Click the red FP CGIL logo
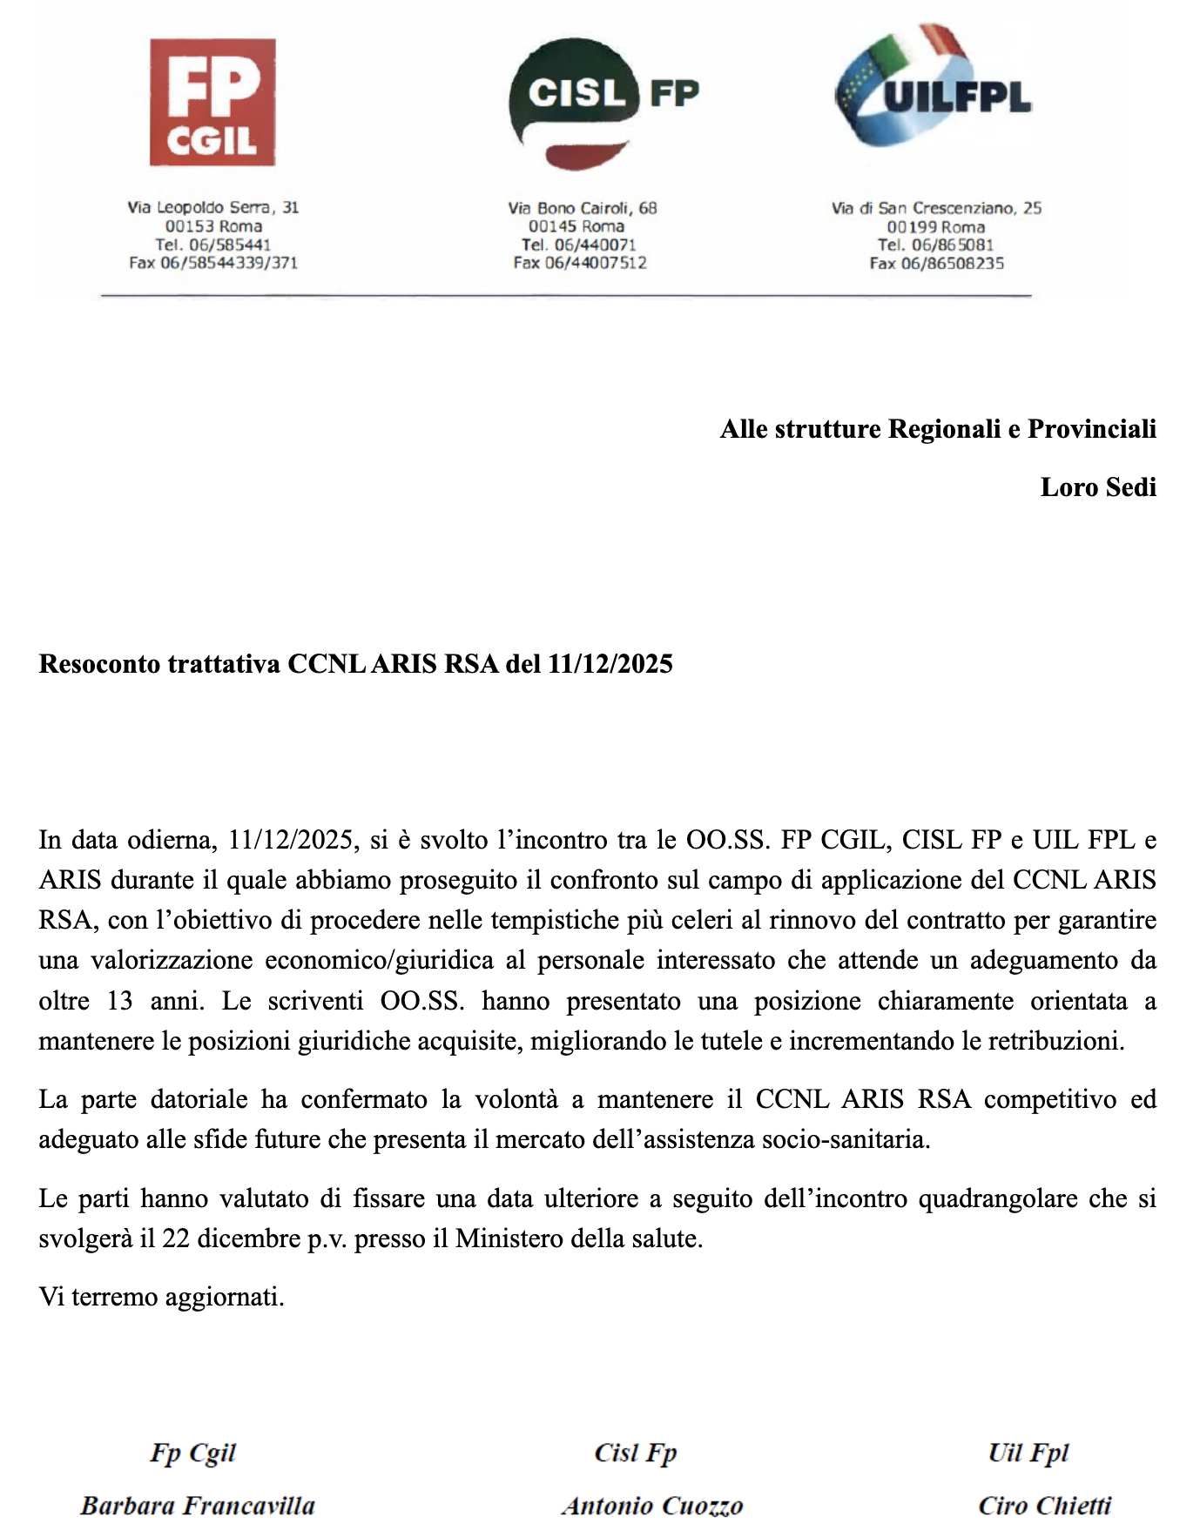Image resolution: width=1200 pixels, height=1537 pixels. pos(212,102)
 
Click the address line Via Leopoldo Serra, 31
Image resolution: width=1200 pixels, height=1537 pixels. pos(212,207)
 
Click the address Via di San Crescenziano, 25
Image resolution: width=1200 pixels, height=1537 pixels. pos(936,208)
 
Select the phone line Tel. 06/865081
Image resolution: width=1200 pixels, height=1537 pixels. pos(935,245)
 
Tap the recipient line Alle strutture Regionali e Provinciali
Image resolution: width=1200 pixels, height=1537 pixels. pos(937,429)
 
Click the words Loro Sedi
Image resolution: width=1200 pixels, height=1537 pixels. pos(1097,487)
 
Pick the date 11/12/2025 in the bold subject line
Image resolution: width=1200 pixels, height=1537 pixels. pos(610,664)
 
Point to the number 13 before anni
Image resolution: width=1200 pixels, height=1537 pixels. pos(119,1001)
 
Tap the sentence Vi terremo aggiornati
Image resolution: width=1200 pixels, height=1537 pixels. pos(161,1297)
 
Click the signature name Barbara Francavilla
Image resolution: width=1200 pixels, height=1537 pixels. pos(198,1506)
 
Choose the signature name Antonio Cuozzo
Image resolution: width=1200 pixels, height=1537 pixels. pos(652,1506)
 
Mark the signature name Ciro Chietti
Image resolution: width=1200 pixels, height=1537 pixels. pos(1044,1506)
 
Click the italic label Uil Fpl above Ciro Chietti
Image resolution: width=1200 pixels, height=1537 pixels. pos(1028,1453)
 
